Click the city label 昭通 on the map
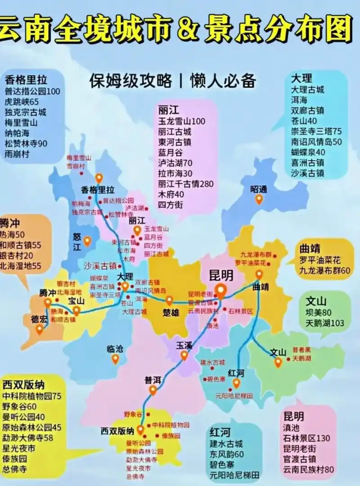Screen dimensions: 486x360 [x=259, y=190]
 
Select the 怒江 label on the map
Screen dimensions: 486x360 [x=77, y=241]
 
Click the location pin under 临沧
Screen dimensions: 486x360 [x=115, y=359]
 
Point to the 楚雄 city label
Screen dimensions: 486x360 [x=169, y=312]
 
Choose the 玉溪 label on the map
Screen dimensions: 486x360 [x=184, y=345]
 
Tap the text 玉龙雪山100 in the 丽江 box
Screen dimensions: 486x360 [x=181, y=122]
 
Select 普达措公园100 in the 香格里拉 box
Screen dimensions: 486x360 [x=32, y=91]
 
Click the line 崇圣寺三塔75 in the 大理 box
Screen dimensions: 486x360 [x=316, y=132]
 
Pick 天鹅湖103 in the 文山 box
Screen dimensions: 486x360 [x=324, y=323]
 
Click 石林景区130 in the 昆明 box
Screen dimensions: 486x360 [x=306, y=438]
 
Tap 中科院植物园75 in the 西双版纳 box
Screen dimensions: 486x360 [x=32, y=396]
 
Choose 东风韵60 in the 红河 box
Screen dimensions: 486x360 [x=226, y=454]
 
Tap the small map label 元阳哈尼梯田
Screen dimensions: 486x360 [x=234, y=396]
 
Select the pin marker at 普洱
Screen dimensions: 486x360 [x=153, y=390]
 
